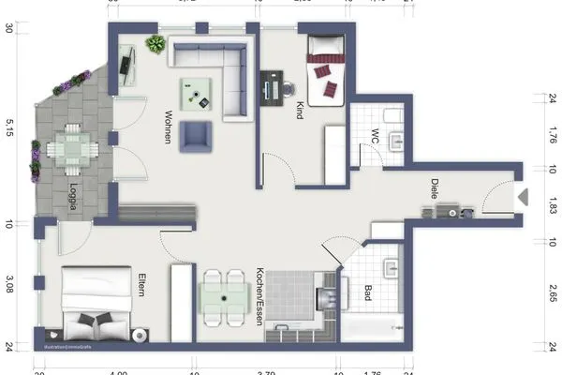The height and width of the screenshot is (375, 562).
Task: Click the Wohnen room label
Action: (166, 127)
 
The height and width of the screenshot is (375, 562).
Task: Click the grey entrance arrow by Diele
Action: (524, 198)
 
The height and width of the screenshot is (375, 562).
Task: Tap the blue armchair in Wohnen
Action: (197, 136)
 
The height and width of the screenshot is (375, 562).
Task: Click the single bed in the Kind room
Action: (327, 68)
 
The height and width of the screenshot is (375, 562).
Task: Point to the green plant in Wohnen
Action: (155, 44)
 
